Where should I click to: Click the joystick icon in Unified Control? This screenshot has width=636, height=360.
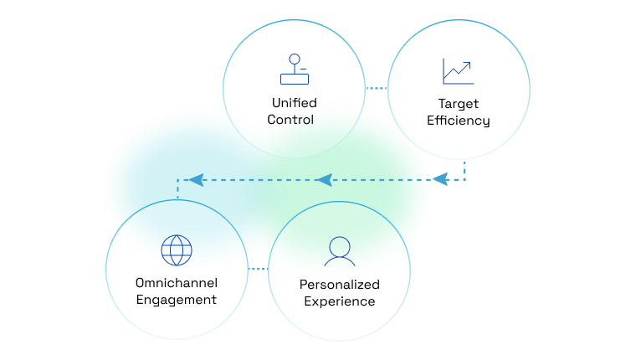[295, 70]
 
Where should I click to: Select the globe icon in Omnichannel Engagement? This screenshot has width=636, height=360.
[177, 249]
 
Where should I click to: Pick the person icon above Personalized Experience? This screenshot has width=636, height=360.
[339, 251]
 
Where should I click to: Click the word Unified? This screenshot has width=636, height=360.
[295, 103]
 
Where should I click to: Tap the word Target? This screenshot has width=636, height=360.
[459, 104]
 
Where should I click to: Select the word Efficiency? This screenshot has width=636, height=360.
[459, 121]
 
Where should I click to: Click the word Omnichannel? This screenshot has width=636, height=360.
[177, 282]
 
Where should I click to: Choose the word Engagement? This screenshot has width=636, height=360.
[177, 299]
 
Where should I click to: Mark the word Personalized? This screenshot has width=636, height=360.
[340, 285]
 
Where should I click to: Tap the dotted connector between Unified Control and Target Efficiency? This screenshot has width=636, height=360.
[377, 88]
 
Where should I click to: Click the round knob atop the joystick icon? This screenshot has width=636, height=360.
[294, 59]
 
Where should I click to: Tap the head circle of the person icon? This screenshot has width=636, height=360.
[339, 245]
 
